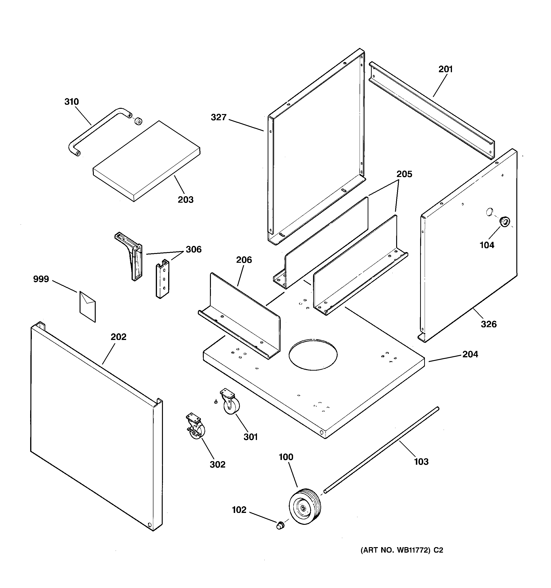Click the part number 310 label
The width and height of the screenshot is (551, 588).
[x=71, y=102]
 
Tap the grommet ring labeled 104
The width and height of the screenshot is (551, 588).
[x=504, y=221]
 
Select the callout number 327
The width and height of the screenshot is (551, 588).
[x=218, y=117]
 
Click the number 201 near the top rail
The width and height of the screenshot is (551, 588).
[x=445, y=69]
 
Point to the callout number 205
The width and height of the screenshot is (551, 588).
[x=404, y=174]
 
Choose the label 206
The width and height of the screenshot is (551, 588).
[x=244, y=260]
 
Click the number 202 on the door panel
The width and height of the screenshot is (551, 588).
[x=118, y=337]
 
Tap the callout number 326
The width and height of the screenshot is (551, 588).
[x=489, y=324]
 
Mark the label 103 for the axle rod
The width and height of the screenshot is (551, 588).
[x=421, y=461]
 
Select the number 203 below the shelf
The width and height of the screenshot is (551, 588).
[x=185, y=200]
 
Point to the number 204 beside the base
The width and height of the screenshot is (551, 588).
[x=470, y=354]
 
